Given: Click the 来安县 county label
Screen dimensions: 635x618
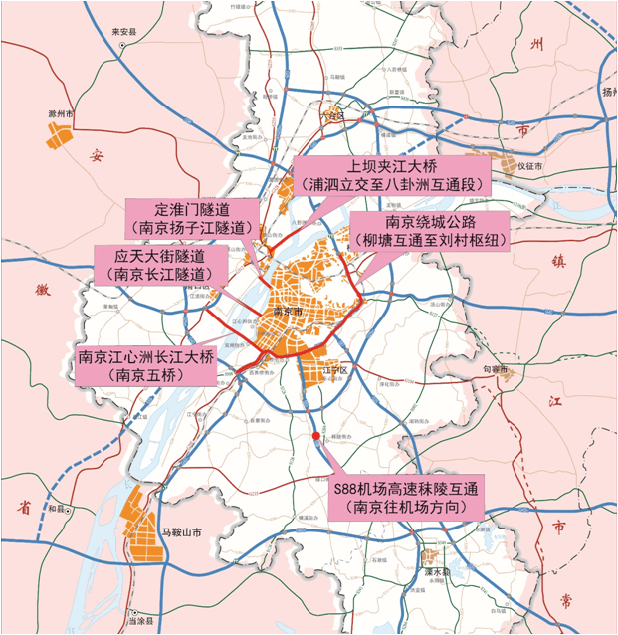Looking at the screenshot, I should tap(122, 32).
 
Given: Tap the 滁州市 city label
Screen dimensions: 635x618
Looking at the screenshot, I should tap(63, 112).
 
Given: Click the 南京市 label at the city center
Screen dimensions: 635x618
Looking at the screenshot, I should tap(288, 312).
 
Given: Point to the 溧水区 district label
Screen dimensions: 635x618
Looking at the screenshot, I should tap(438, 571).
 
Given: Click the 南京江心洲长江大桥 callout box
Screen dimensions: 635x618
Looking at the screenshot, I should tap(146, 366).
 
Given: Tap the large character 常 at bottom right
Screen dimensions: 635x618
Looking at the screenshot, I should tap(566, 599).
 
